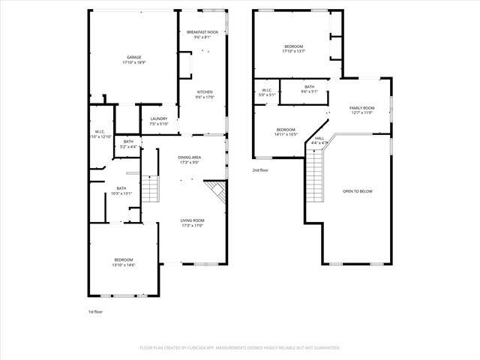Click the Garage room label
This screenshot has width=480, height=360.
pos(134,59)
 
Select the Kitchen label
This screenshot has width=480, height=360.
pos(204,94)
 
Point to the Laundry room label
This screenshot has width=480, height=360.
pos(158,121)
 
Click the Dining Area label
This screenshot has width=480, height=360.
pos(189,160)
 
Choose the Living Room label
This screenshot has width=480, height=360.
pos(192,223)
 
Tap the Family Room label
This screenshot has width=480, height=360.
pos(361,110)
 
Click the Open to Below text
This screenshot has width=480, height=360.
pos(358,191)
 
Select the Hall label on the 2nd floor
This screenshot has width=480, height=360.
pos(319,140)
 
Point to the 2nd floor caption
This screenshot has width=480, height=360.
pos(260,170)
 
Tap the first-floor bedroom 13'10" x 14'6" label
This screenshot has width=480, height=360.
pos(123,262)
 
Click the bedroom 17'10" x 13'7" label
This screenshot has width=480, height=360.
pos(294,49)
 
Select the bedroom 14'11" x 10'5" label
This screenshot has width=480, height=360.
pos(286,131)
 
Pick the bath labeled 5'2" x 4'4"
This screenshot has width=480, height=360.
pos(128,144)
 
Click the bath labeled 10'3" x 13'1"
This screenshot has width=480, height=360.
pos(121,191)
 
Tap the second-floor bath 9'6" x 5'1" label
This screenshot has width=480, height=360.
pos(310,89)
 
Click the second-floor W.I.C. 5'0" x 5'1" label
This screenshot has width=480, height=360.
pos(268,93)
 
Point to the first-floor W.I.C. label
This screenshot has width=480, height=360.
pos(101,134)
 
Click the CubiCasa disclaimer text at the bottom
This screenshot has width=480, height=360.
pos(240,348)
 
